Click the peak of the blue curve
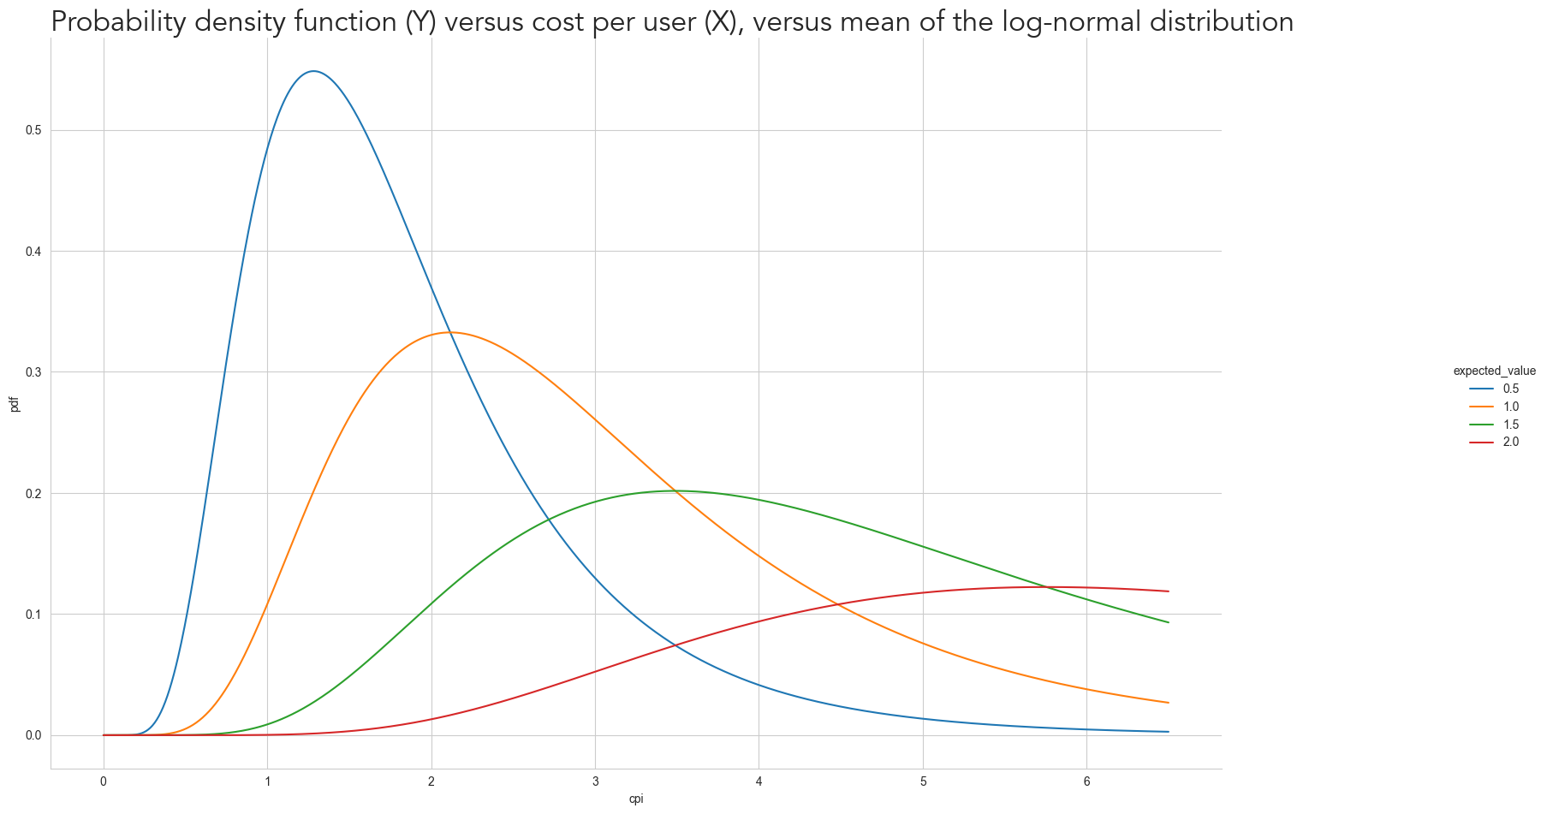point(314,71)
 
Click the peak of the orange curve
point(451,332)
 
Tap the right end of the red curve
point(1169,591)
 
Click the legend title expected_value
point(1494,371)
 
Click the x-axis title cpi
point(636,799)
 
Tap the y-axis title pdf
point(14,403)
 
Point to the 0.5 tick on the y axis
point(35,130)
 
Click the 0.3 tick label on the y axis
point(35,372)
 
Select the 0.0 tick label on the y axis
point(35,735)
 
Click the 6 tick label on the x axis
point(1086,781)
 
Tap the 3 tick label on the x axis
point(595,781)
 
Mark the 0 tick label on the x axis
point(104,781)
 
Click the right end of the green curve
point(1169,622)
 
